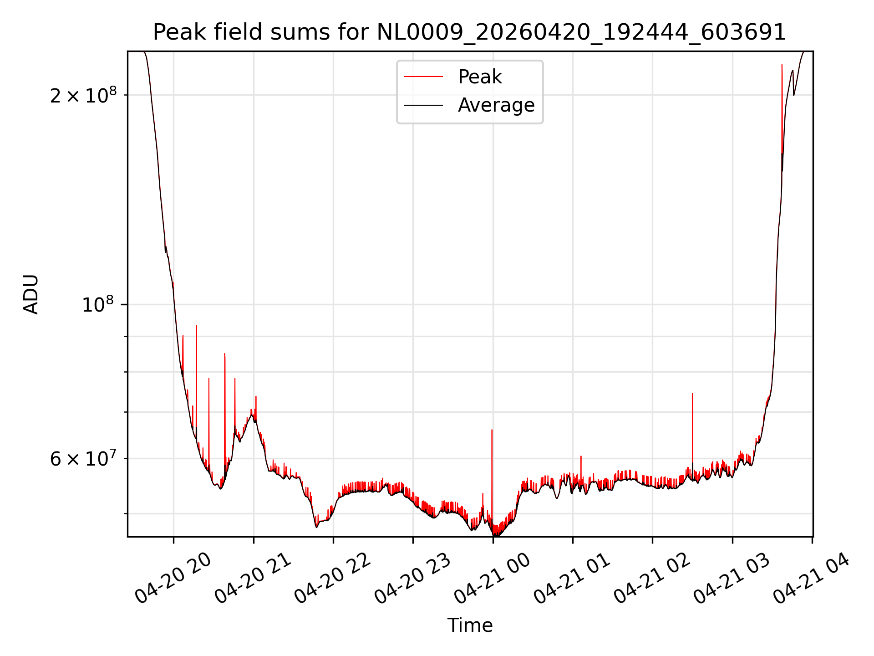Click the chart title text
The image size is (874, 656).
[469, 32]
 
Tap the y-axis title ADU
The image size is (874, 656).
[31, 294]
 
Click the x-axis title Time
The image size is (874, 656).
[470, 625]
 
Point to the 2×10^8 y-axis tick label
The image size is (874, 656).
[83, 95]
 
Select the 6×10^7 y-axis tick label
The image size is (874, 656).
[83, 458]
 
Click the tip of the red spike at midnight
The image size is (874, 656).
[492, 430]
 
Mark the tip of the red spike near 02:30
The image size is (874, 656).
[692, 394]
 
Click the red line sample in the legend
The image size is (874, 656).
[423, 77]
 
